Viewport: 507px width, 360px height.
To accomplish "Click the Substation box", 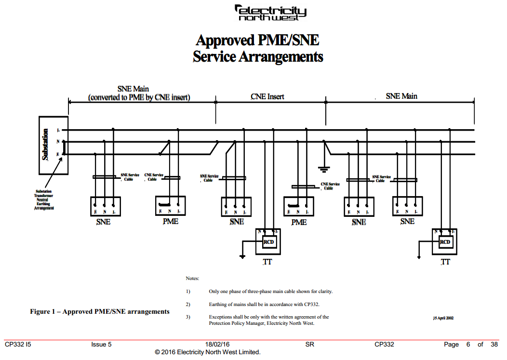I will tap(53, 145).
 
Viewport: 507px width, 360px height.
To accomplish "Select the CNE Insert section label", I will tap(267, 96).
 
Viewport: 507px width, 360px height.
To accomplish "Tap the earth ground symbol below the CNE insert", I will tap(323, 169).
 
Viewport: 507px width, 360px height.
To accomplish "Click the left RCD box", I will tap(269, 241).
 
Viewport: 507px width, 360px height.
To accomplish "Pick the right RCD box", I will tap(445, 241).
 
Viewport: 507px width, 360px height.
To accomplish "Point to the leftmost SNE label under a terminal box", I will tap(103, 222).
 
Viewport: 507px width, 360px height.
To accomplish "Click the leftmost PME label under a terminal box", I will tap(170, 221).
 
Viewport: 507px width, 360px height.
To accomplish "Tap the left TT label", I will tap(267, 262).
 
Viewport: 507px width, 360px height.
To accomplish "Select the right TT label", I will tap(445, 262).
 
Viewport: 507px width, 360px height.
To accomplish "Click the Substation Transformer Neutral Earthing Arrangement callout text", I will tap(43, 200).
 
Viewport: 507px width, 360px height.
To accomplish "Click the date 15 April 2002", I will tap(443, 318).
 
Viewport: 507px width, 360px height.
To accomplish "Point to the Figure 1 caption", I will tap(100, 311).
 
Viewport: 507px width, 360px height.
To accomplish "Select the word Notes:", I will tap(192, 279).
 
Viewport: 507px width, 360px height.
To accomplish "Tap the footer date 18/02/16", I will tap(217, 344).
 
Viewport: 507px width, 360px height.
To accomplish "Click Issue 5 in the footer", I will tap(101, 344).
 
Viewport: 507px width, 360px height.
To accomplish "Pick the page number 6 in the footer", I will tap(468, 344).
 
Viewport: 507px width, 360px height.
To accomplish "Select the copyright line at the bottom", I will tap(208, 352).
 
